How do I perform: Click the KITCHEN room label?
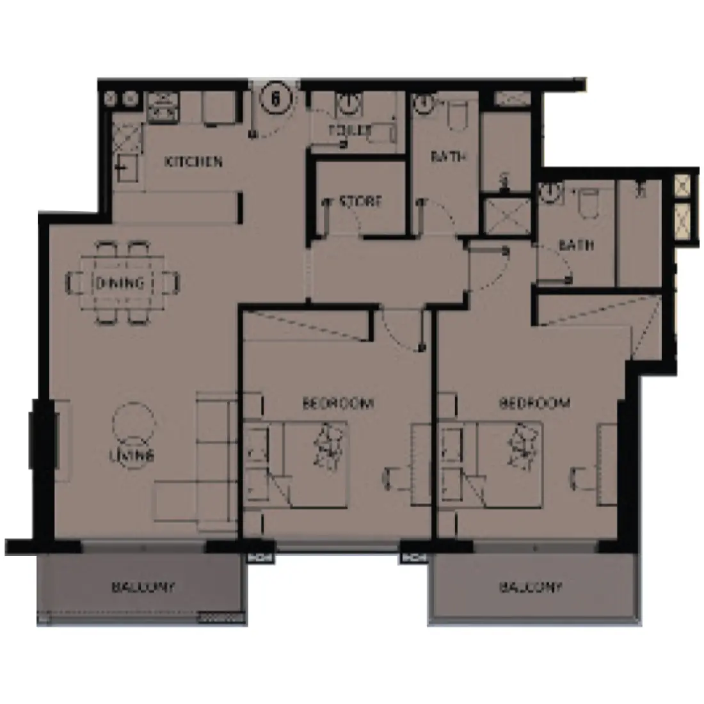pos(194,161)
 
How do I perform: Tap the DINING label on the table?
pos(119,282)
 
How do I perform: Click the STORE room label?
pos(360,201)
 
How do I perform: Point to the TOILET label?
pos(349,130)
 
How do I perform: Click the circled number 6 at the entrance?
pos(276,98)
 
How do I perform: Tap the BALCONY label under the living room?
pos(143,586)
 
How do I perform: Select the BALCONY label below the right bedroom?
pos(531,586)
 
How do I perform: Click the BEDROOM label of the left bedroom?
pos(337,403)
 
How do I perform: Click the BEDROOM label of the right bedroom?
pos(534,403)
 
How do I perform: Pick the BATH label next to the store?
pos(448,157)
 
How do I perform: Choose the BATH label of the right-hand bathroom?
pos(576,245)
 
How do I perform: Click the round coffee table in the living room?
pos(133,422)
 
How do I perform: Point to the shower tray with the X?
pos(506,215)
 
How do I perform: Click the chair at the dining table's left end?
pos(76,282)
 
